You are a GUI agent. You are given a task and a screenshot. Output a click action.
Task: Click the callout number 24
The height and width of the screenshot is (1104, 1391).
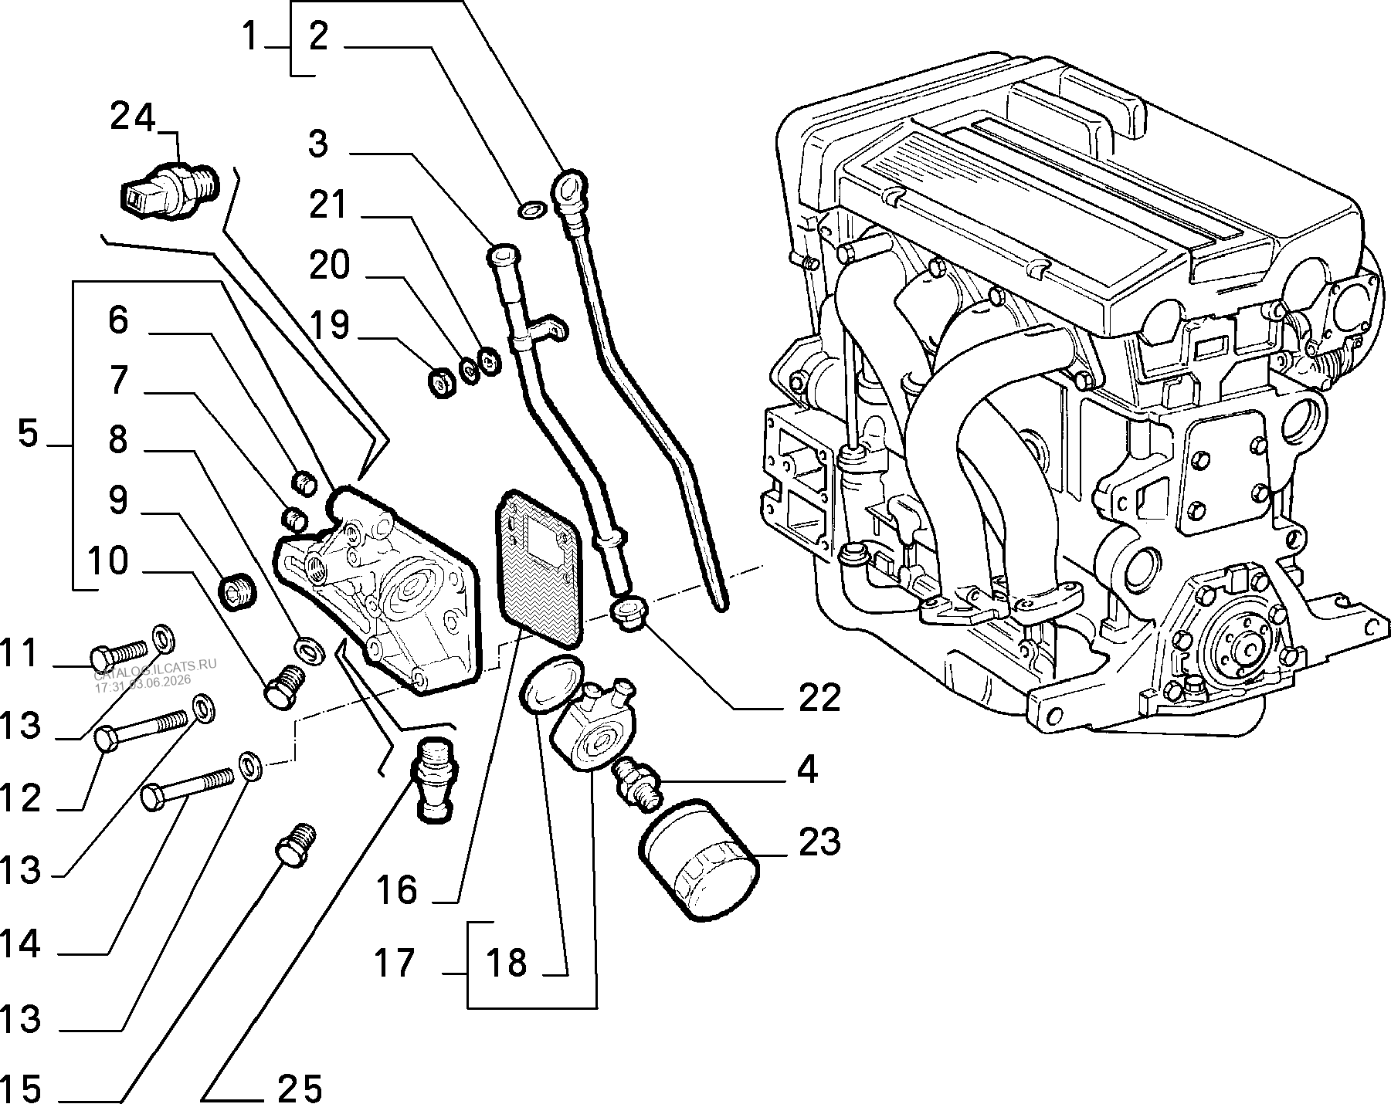click(133, 117)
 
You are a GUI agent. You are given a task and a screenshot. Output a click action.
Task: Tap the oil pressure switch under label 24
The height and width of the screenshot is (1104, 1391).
click(170, 190)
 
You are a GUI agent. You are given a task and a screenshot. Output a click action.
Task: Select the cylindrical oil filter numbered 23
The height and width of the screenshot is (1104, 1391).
click(699, 858)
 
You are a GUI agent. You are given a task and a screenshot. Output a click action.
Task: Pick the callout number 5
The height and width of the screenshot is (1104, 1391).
click(28, 434)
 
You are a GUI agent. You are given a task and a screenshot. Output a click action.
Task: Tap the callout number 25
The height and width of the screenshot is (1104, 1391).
click(300, 1089)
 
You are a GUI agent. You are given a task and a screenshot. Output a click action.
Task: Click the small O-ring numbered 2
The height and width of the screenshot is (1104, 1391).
click(531, 208)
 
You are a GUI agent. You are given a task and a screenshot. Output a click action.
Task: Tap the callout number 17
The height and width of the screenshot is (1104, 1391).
click(395, 963)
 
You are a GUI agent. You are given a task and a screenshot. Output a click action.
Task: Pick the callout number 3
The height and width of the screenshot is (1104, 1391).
click(317, 144)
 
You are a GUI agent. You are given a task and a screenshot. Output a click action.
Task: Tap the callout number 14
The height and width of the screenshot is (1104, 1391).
click(21, 943)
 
